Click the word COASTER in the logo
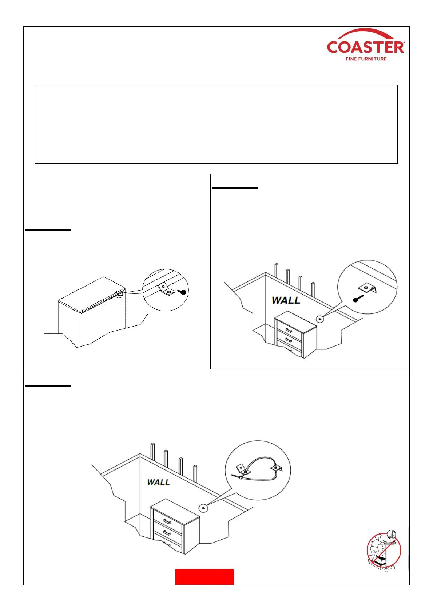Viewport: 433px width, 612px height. pyautogui.click(x=365, y=47)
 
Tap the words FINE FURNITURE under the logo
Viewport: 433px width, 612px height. pyautogui.click(x=366, y=59)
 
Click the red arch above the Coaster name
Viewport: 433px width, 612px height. pyautogui.click(x=365, y=34)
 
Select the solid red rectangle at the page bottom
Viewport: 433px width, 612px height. pyautogui.click(x=204, y=577)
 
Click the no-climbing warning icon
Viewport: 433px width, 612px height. pyautogui.click(x=384, y=550)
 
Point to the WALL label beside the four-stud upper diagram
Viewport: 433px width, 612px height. pyautogui.click(x=286, y=300)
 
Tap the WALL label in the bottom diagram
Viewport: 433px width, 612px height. pyautogui.click(x=158, y=482)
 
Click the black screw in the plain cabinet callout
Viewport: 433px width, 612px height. pyautogui.click(x=183, y=292)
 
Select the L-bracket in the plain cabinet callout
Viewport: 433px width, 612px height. pyautogui.click(x=166, y=290)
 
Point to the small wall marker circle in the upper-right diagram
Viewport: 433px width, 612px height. pyautogui.click(x=319, y=319)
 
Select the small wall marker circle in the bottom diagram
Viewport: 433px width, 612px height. pyautogui.click(x=203, y=508)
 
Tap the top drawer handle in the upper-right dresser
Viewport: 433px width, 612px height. pyautogui.click(x=289, y=331)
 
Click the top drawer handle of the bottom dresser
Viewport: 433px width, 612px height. pyautogui.click(x=167, y=521)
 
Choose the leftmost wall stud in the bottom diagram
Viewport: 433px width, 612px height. pyautogui.click(x=152, y=452)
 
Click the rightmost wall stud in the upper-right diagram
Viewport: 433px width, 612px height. pyautogui.click(x=313, y=289)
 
